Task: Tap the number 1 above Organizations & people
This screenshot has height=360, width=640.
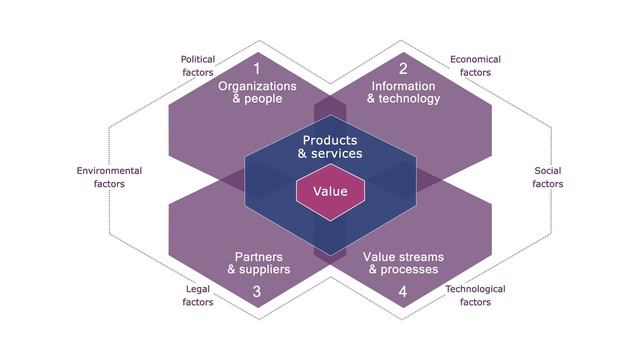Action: click(257, 69)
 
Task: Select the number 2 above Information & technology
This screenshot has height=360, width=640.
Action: click(403, 69)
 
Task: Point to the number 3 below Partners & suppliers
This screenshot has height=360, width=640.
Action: click(257, 292)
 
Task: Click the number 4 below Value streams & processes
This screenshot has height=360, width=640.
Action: click(403, 292)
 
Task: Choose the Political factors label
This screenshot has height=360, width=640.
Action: click(197, 66)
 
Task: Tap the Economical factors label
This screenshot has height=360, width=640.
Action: click(475, 66)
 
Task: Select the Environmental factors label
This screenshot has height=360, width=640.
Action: click(109, 177)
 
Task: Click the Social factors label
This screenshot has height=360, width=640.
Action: click(547, 177)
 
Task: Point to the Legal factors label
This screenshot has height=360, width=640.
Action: click(198, 295)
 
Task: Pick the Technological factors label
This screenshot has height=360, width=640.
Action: click(475, 295)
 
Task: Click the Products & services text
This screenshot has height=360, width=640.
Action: click(330, 147)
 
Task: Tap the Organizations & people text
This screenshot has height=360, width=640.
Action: click(257, 92)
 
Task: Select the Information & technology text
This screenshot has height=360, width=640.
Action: click(403, 92)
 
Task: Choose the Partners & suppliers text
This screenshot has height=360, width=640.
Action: click(258, 263)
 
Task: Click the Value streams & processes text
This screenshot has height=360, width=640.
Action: click(403, 263)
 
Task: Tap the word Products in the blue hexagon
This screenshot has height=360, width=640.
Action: click(330, 140)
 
